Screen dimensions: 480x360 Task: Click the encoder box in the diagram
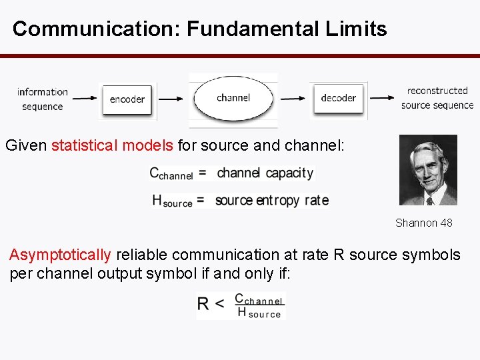click(127, 99)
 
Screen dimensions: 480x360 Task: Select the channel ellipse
click(233, 98)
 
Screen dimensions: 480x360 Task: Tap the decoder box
click(338, 99)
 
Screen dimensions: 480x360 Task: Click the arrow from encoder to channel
click(171, 99)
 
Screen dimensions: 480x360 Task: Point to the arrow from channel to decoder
click(294, 99)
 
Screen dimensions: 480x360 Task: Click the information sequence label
click(42, 99)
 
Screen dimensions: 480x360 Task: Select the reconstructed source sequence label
click(437, 97)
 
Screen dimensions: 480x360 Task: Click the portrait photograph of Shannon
click(427, 170)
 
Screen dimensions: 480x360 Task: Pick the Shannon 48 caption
click(423, 223)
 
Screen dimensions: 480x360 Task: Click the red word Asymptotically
click(60, 255)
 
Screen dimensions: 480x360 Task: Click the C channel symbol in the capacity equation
click(171, 173)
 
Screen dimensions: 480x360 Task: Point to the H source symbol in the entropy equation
click(172, 200)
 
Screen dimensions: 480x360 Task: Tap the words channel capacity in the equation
click(265, 173)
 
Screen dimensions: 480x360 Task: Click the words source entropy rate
click(271, 200)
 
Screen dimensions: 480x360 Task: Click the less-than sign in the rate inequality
click(219, 305)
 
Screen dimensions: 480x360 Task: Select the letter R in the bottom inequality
click(204, 305)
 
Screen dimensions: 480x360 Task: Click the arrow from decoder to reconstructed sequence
click(382, 99)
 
